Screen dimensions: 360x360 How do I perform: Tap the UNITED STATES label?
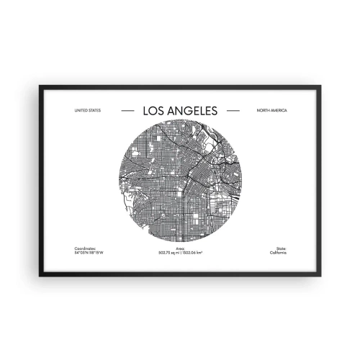(88, 111)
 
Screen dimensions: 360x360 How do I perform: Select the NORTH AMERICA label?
(271, 111)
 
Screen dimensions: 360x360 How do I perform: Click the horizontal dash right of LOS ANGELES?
(233, 111)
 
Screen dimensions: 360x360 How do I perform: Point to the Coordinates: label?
(85, 248)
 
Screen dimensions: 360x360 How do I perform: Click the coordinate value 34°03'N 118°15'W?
(89, 252)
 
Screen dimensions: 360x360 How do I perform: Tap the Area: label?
(179, 248)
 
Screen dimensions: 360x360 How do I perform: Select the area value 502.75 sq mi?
(168, 252)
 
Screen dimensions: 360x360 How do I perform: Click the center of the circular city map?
(180, 181)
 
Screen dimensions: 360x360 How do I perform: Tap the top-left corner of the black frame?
(39, 86)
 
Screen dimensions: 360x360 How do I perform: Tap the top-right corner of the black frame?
(321, 86)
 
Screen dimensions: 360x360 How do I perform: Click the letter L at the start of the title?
(147, 111)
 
